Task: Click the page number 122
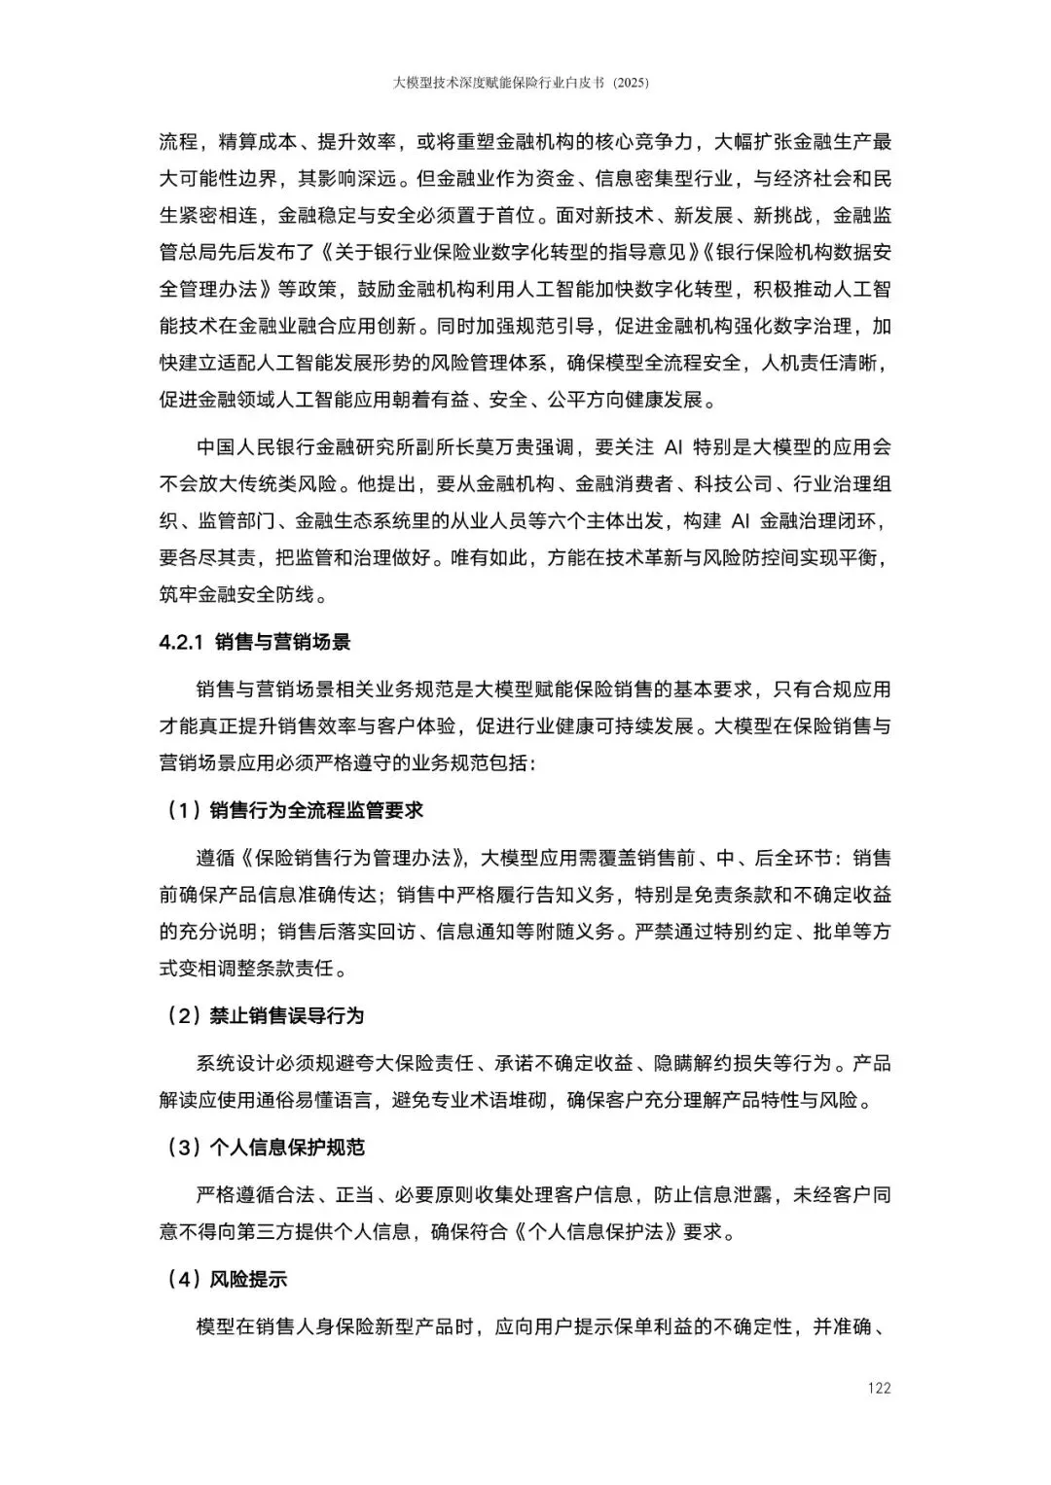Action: [x=879, y=1388]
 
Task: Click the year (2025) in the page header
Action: [x=631, y=84]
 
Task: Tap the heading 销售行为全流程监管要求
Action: [x=316, y=810]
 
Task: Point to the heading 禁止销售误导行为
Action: [x=286, y=1015]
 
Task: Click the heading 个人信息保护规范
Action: [x=286, y=1148]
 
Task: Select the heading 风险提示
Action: [x=248, y=1280]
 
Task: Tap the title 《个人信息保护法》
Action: [x=596, y=1231]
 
